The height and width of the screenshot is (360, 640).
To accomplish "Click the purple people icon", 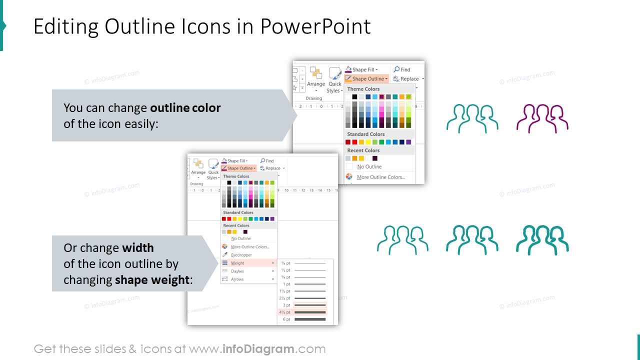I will tap(542, 119).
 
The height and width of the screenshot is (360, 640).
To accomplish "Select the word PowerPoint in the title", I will tap(315, 26).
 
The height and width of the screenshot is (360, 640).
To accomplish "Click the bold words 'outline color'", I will tap(185, 108).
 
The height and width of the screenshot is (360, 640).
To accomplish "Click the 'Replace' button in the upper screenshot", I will tap(408, 79).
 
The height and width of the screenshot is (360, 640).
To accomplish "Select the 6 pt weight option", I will tap(302, 319).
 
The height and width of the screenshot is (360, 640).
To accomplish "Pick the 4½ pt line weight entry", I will tap(302, 312).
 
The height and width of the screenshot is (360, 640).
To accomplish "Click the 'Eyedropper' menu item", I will tap(241, 255).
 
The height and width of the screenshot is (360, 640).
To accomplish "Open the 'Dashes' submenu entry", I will tap(237, 271).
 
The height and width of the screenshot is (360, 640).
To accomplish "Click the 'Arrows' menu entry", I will tap(237, 279).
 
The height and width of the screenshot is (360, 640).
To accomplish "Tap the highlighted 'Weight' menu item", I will tap(238, 263).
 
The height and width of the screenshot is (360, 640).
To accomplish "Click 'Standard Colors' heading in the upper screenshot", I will tap(366, 134).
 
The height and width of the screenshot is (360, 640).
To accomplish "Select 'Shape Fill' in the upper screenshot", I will tap(362, 69).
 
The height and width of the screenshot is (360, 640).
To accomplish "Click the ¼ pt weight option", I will tap(302, 263).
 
